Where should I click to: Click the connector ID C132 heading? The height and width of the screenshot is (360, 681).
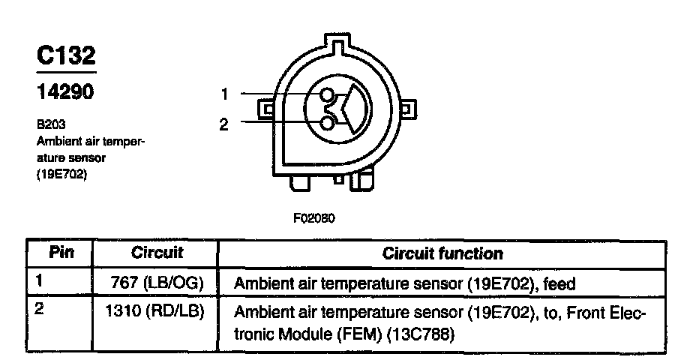pos(66,57)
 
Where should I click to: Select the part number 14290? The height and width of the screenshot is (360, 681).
pos(65,92)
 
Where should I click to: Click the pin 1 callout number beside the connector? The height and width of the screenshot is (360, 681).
pos(223,94)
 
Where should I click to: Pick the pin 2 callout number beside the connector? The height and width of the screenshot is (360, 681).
pos(223,124)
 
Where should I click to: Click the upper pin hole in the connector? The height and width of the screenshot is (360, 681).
pos(327,95)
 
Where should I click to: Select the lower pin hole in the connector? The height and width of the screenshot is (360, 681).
pos(327,121)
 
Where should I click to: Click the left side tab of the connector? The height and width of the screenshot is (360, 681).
pos(265,110)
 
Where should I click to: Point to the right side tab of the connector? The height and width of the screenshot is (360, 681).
pos(403,110)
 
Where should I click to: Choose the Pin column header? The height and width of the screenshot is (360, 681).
pos(60,253)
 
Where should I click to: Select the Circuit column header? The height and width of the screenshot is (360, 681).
pos(157,253)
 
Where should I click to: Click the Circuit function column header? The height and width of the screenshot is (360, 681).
pos(442,253)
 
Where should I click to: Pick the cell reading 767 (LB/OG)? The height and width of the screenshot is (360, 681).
pos(158,283)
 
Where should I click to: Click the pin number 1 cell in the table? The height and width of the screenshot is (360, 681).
pos(39,281)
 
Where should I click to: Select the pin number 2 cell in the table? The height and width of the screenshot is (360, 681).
pos(39,308)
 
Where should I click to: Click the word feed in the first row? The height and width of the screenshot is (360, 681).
pos(558,284)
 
